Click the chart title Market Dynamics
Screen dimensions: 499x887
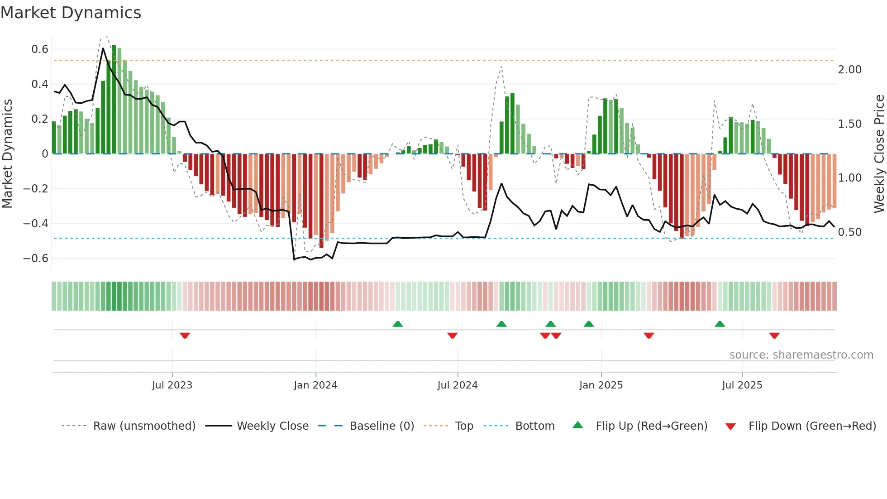point(71,13)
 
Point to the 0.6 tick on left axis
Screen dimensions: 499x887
point(40,49)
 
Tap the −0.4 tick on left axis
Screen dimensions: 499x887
point(36,224)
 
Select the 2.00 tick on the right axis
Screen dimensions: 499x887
point(849,70)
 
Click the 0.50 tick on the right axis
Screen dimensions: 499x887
point(849,232)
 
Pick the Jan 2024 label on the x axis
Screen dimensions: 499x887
point(315,385)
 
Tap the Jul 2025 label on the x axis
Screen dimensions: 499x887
point(742,385)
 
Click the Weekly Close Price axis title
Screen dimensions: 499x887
point(879,154)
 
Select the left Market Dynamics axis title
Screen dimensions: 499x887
point(8,154)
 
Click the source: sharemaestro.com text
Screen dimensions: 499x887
point(801,355)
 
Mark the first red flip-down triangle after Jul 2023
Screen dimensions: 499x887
point(185,336)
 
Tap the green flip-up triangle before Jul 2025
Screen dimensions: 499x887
point(720,324)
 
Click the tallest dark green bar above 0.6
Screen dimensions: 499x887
point(114,100)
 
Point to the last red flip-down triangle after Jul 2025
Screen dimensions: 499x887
point(774,336)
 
